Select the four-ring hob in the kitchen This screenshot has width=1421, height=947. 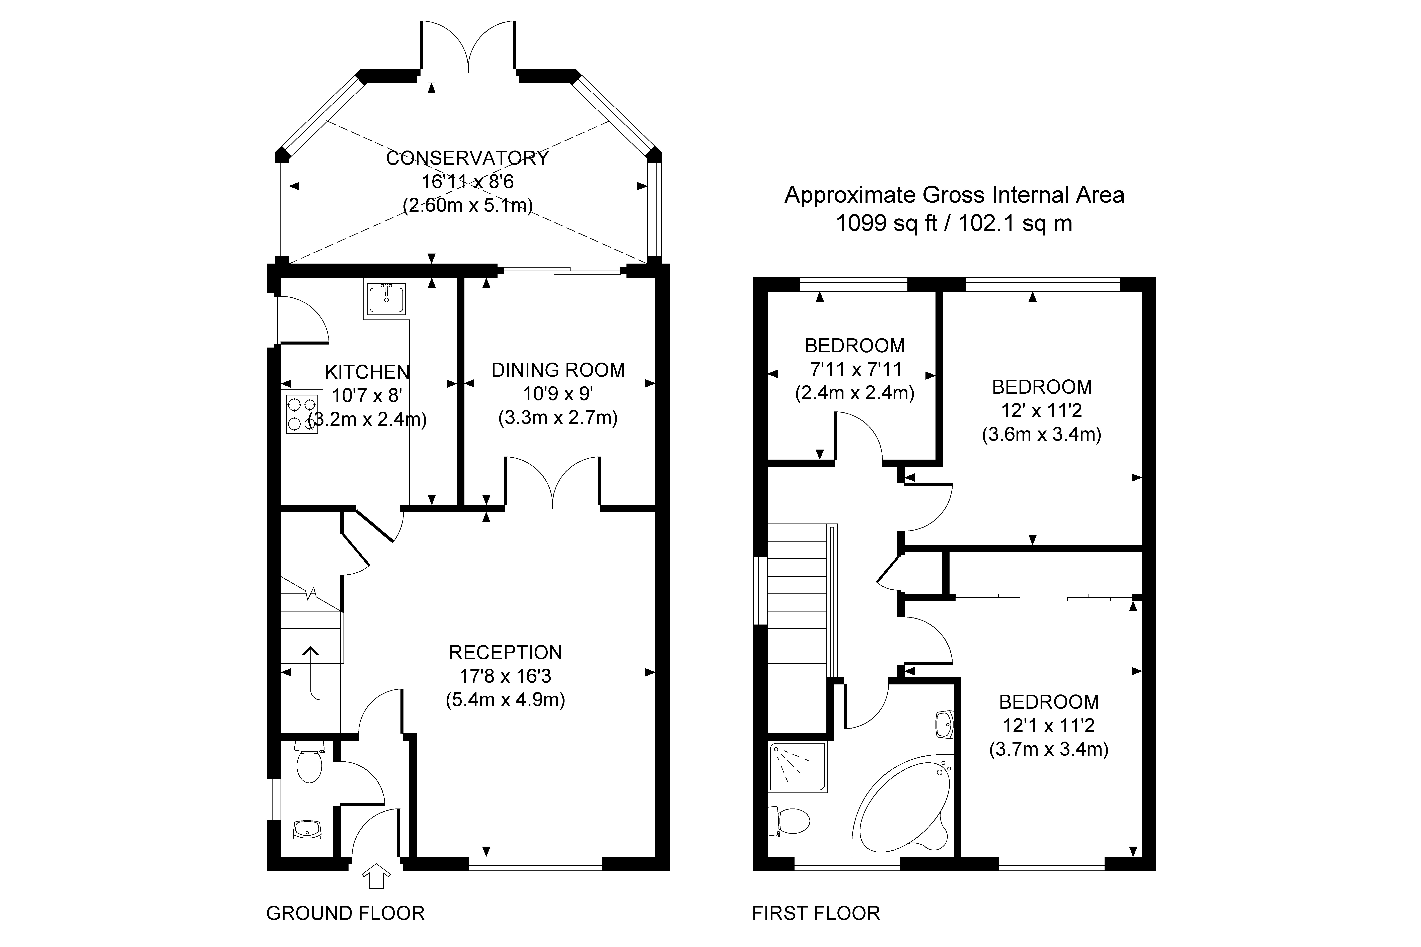coord(302,414)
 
